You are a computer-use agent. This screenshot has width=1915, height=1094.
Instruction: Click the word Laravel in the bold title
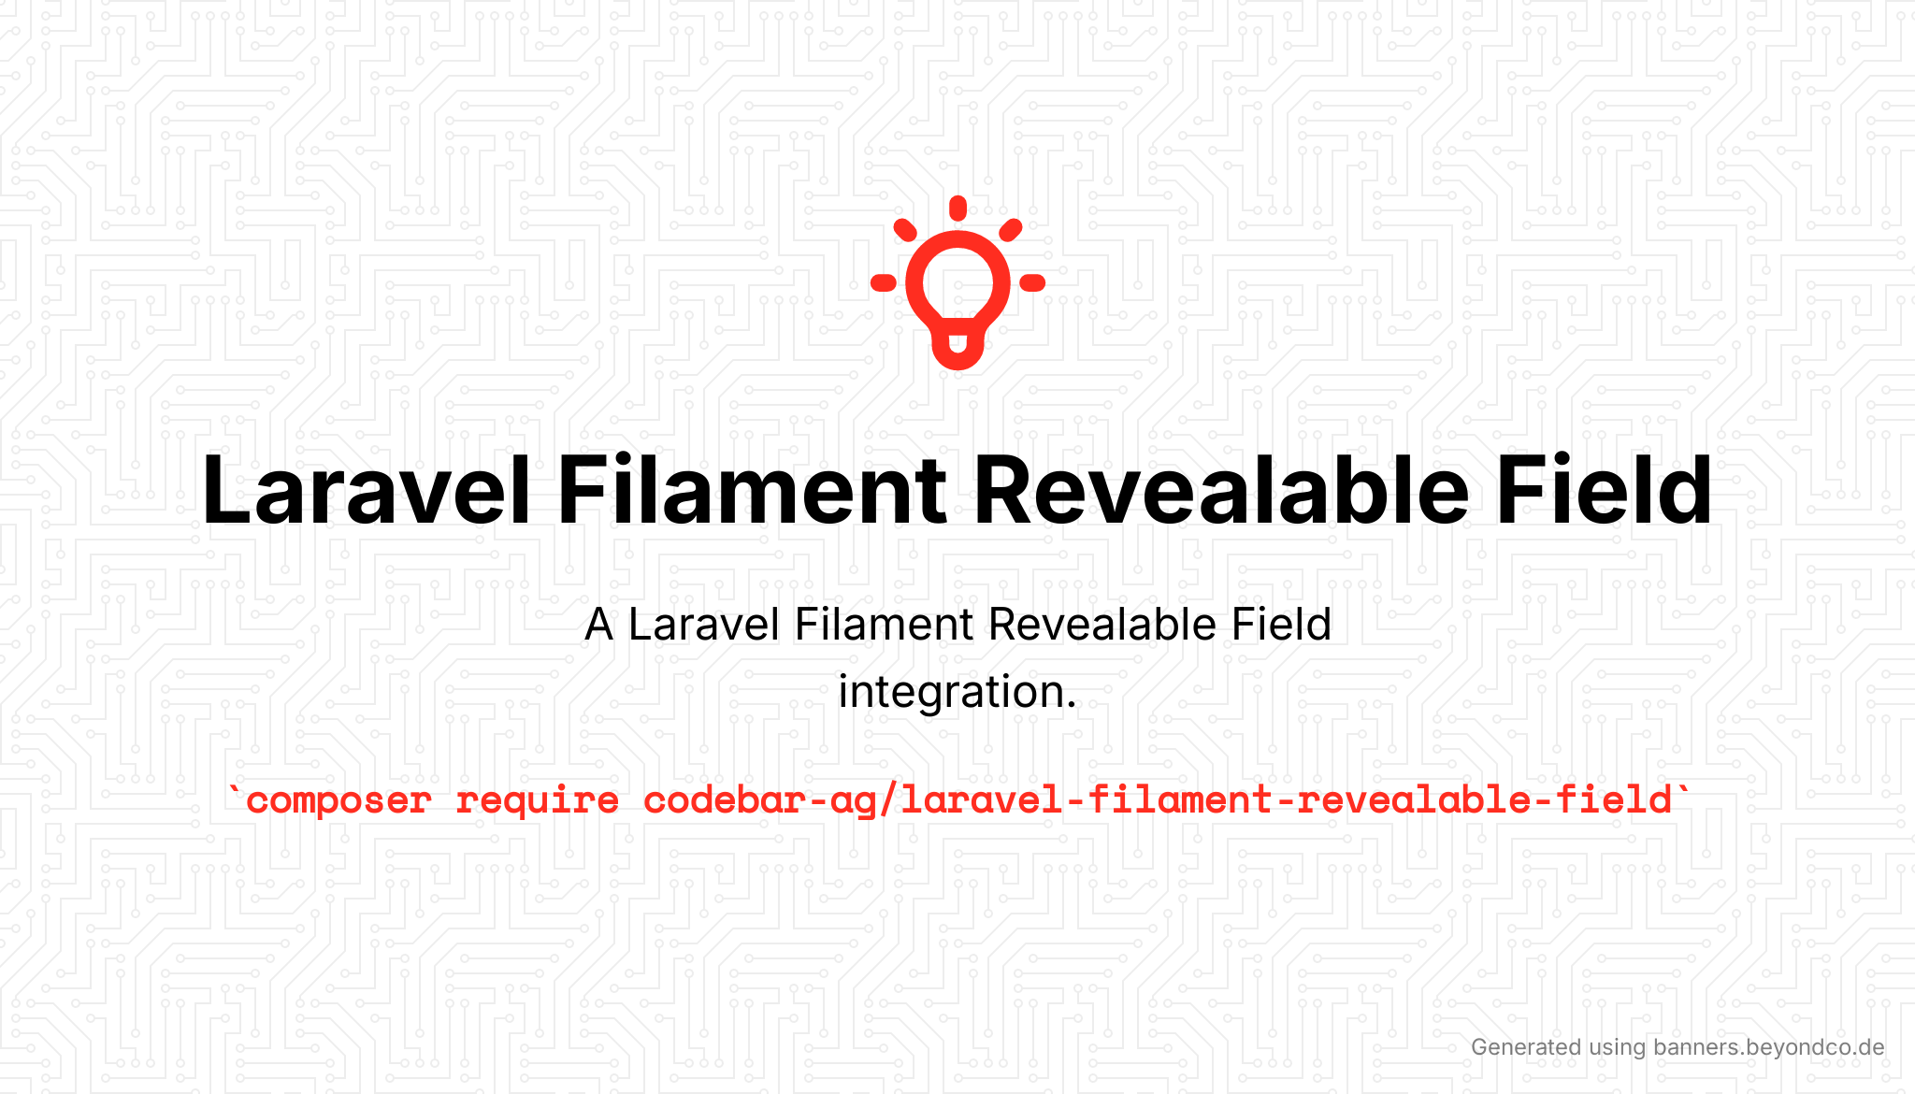(x=367, y=490)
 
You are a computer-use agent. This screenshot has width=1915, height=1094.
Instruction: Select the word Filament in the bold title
(x=753, y=490)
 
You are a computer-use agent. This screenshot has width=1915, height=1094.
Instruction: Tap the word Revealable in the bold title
(x=1221, y=490)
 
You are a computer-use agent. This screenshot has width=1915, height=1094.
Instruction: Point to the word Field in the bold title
(x=1604, y=490)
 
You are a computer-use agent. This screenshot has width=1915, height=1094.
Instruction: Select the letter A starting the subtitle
(x=599, y=625)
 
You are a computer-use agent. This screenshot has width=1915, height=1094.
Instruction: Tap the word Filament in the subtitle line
(x=884, y=625)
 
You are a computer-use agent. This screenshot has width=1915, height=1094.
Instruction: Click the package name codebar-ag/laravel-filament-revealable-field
(x=1158, y=800)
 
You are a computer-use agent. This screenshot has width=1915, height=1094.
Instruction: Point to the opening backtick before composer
(x=234, y=793)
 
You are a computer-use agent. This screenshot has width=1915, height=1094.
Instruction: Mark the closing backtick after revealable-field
(x=1684, y=793)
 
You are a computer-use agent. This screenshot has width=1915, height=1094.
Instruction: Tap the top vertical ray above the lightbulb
(x=957, y=208)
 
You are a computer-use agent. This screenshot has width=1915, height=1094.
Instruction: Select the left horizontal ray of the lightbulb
(x=884, y=282)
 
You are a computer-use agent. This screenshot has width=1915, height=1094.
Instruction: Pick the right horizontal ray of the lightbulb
(x=1032, y=282)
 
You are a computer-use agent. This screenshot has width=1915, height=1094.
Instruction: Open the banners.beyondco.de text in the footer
(x=1768, y=1047)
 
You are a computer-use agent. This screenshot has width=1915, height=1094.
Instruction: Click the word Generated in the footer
(x=1526, y=1047)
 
